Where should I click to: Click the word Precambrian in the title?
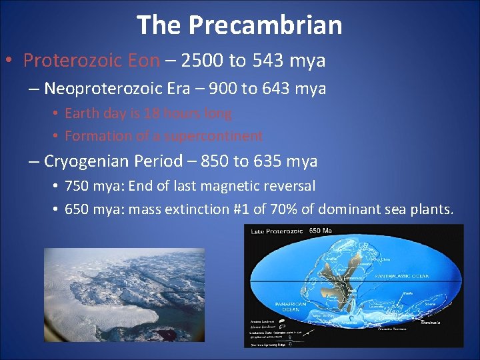pos(265,25)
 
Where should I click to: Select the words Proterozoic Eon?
pos(91,61)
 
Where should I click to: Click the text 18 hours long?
pos(188,113)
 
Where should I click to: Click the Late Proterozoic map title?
pos(276,231)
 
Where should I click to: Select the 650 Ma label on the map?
pos(321,231)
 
